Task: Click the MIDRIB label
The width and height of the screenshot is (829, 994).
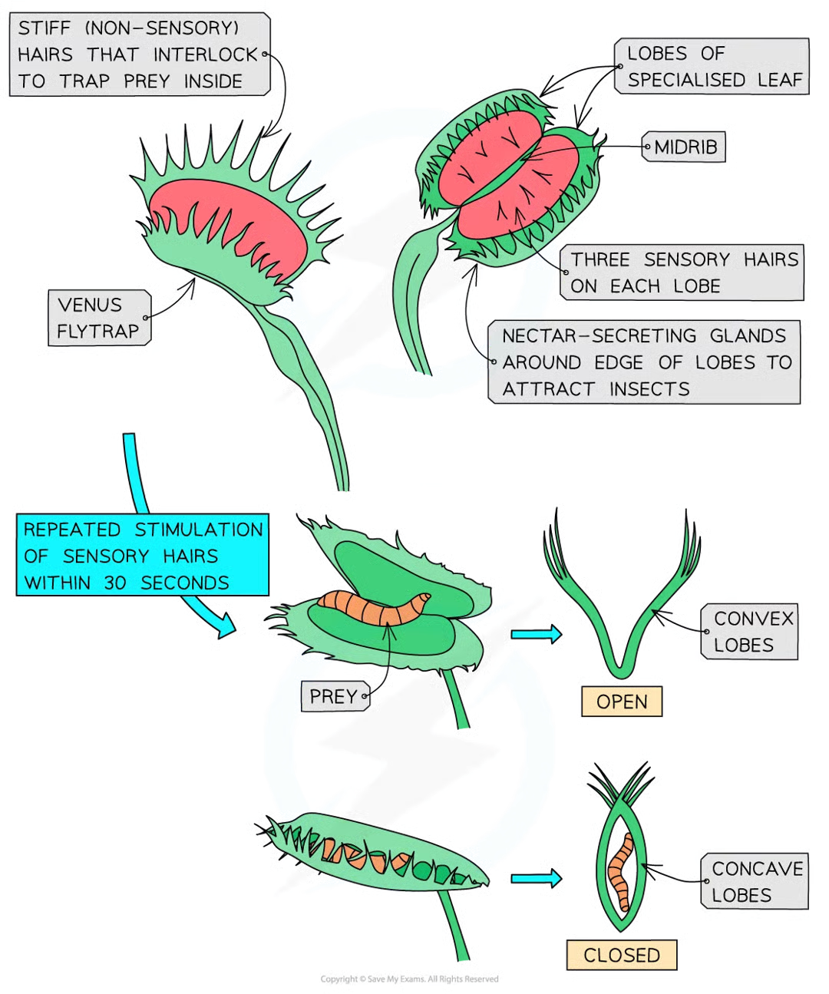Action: point(685,147)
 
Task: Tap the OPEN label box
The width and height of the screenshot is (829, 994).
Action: point(621,702)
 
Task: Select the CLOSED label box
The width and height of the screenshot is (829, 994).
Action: point(621,955)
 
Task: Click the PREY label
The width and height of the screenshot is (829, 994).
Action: point(333,696)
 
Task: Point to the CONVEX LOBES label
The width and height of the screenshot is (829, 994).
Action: point(751,632)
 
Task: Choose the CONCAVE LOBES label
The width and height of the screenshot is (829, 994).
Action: point(755,882)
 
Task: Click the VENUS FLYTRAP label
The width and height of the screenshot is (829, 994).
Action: point(97,318)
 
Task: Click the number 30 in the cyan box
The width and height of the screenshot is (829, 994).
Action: point(115,583)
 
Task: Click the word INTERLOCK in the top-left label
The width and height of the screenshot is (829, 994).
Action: point(206,54)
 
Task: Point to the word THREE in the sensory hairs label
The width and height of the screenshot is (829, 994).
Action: point(600,259)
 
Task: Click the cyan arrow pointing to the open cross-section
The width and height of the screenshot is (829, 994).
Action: point(537,633)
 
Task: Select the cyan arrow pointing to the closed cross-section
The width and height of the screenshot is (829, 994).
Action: point(537,877)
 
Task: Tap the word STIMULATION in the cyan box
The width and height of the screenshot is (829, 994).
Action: point(199,530)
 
